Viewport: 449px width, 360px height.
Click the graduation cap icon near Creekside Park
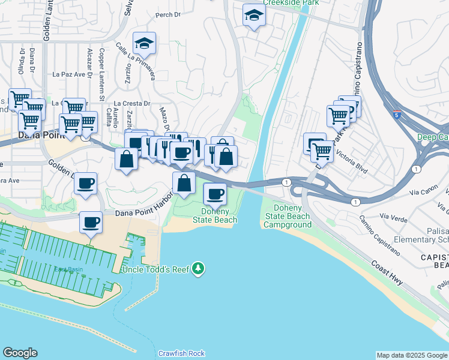click(254, 16)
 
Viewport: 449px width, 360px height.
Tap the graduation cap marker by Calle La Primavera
click(144, 43)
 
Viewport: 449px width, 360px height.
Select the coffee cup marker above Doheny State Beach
click(215, 194)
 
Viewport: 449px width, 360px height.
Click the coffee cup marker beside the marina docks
click(91, 223)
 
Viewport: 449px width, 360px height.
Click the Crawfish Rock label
click(182, 353)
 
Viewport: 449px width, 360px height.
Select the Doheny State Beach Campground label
click(287, 216)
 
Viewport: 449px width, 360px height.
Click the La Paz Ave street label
click(67, 75)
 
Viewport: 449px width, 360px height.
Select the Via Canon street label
click(421, 193)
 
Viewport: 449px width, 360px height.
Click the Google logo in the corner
click(20, 353)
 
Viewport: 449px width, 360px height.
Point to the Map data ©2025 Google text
click(412, 355)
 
